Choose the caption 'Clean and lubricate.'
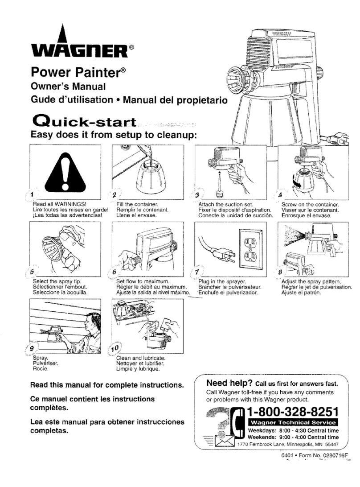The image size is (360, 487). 141,358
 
